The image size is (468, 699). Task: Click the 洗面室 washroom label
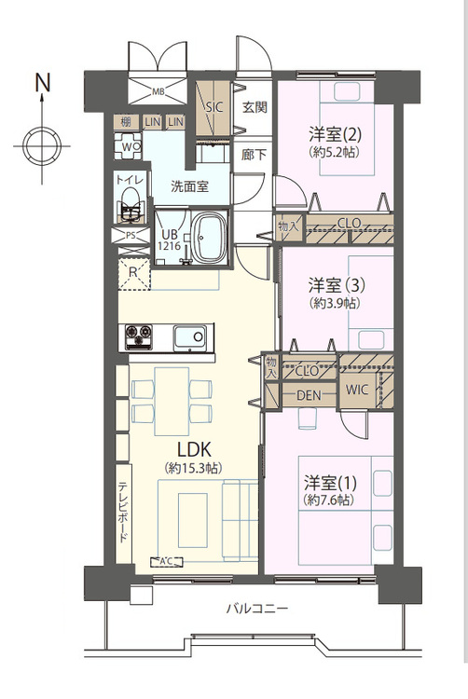pyautogui.click(x=188, y=185)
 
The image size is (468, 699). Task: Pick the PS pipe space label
pyautogui.click(x=131, y=236)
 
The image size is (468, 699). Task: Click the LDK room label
pyautogui.click(x=191, y=445)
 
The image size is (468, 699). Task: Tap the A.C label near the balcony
pyautogui.click(x=168, y=561)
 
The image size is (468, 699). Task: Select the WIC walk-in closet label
pyautogui.click(x=359, y=390)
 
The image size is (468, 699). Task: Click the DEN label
pyautogui.click(x=310, y=395)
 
